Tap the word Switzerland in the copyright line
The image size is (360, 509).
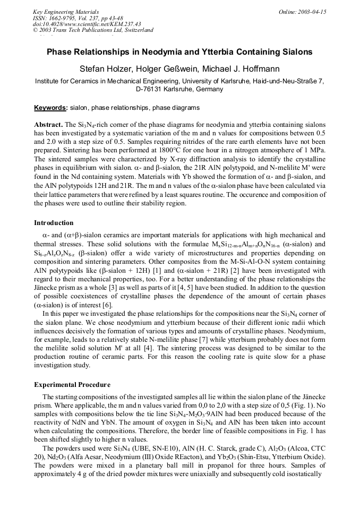(x=135, y=30)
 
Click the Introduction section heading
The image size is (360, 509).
(x=54, y=222)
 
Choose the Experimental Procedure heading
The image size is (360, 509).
(x=72, y=384)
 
